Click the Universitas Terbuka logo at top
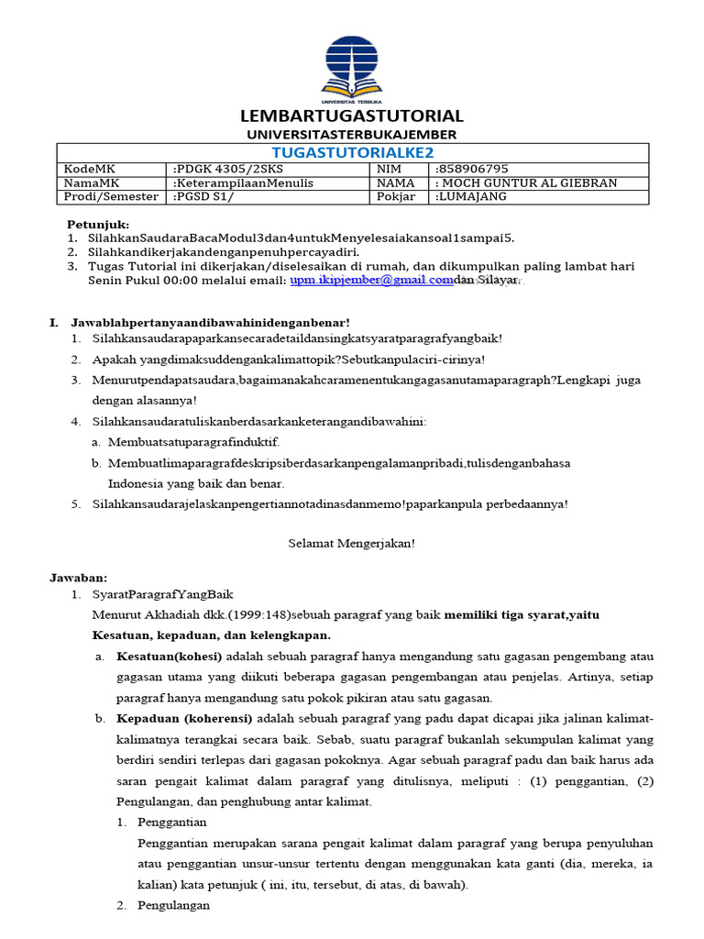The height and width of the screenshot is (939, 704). (x=351, y=67)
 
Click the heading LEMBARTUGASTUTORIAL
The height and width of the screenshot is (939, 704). (x=352, y=116)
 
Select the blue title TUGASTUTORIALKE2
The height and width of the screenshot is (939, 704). (x=353, y=152)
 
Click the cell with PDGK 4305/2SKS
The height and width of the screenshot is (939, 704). (x=221, y=169)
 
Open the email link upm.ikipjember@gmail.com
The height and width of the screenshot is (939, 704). (x=371, y=281)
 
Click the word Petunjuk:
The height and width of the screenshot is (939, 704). (x=98, y=225)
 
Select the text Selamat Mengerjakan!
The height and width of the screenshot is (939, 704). (x=352, y=542)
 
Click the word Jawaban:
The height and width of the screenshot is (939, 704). (x=78, y=578)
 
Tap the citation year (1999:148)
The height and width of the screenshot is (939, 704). (x=234, y=613)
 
